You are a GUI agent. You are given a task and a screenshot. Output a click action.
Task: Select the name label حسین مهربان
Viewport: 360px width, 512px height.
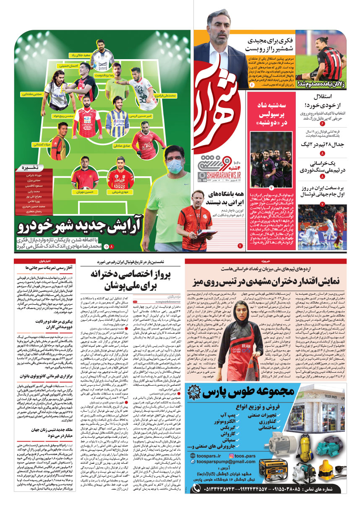[x=86, y=191]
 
